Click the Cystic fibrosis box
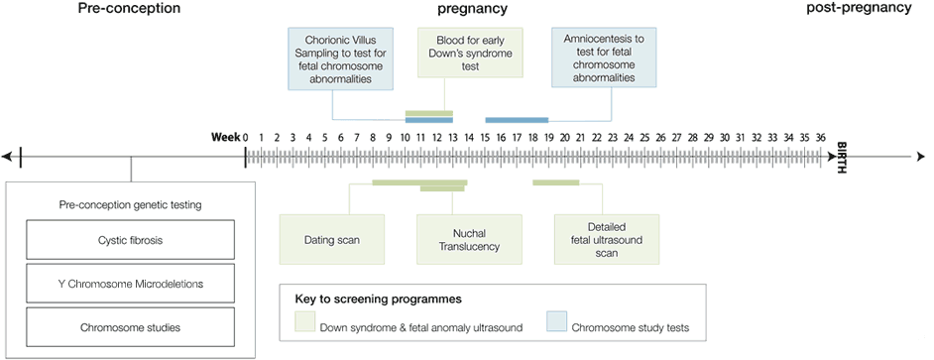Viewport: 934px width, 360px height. click(x=130, y=239)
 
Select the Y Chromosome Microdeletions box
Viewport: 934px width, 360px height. click(x=130, y=283)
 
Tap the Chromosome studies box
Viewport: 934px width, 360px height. click(x=130, y=326)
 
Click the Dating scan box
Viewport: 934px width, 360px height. click(x=331, y=239)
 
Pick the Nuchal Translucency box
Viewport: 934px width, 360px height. click(x=469, y=239)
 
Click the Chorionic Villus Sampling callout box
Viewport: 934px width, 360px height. click(x=332, y=58)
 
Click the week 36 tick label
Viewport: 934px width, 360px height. click(x=820, y=137)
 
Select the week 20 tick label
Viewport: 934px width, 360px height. click(x=565, y=137)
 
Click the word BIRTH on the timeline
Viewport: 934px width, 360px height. click(x=842, y=156)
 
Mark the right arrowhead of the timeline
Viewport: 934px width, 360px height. click(x=921, y=156)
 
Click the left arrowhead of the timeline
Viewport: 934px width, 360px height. click(x=7, y=156)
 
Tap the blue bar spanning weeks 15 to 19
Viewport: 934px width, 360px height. click(x=517, y=120)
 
